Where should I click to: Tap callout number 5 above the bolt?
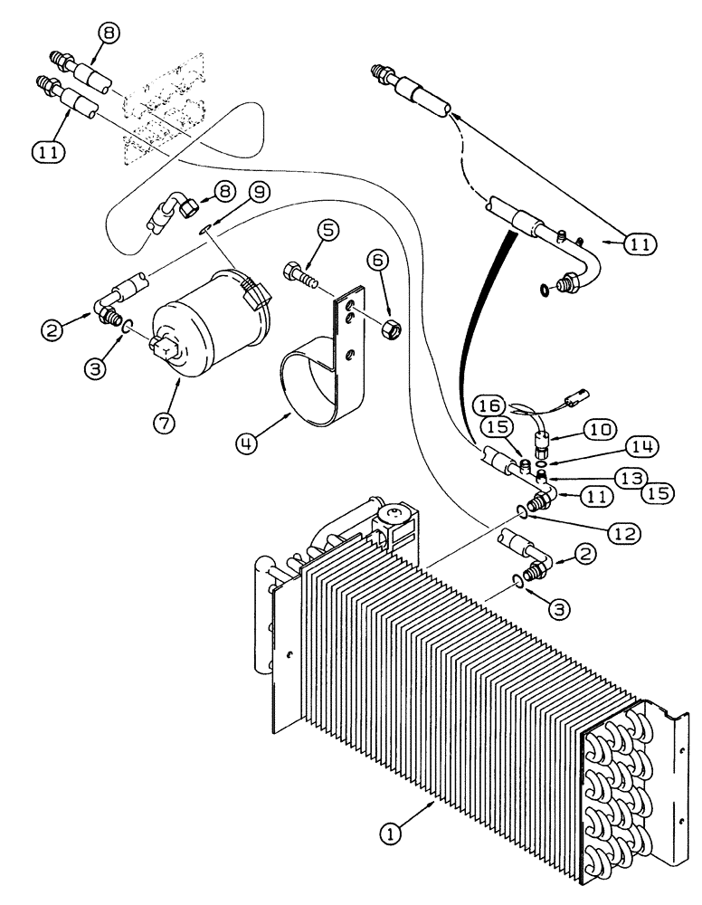(x=327, y=231)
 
